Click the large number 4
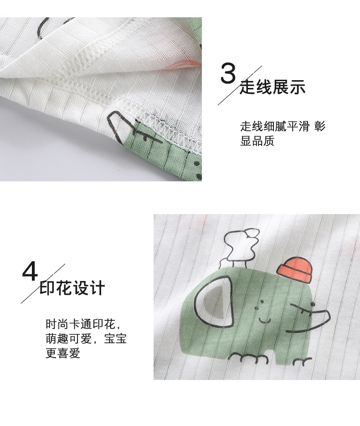pyautogui.click(x=31, y=272)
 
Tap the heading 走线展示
pyautogui.click(x=273, y=87)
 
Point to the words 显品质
pyautogui.click(x=257, y=141)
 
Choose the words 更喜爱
pyautogui.click(x=62, y=354)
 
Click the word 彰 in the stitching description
pyautogui.click(x=320, y=127)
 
